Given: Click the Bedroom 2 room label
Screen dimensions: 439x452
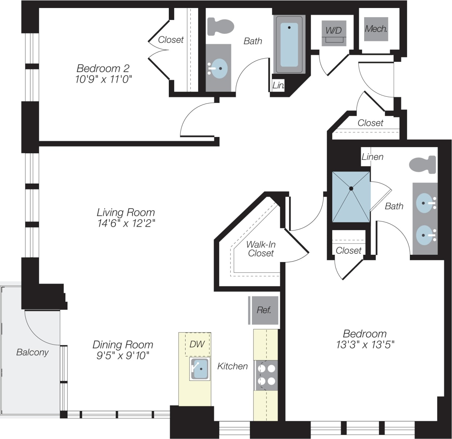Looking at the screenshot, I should (x=103, y=68).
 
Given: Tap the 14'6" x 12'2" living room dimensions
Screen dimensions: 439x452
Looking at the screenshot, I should (x=126, y=223).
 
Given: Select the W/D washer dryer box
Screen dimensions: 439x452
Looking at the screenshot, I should (x=334, y=31).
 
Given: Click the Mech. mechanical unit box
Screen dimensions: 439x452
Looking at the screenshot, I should (x=376, y=29).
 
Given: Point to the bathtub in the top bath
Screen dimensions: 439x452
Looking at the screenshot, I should (x=289, y=45).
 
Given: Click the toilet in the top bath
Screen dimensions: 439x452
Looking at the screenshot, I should (x=220, y=27).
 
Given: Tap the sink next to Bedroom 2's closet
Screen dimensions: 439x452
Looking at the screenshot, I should (x=219, y=68).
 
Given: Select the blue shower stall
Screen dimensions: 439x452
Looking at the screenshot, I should (x=351, y=197).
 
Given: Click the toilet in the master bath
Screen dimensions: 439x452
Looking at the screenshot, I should (x=423, y=165).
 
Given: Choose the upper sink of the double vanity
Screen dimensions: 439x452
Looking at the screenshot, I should (x=424, y=204).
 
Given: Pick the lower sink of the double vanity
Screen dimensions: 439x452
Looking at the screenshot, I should (x=424, y=235).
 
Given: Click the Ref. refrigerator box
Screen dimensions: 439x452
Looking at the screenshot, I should (x=264, y=310).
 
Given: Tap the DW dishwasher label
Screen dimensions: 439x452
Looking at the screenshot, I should (x=197, y=344).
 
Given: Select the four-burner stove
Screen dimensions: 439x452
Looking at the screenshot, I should (x=266, y=375).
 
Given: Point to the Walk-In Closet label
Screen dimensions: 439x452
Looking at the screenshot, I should (x=261, y=249).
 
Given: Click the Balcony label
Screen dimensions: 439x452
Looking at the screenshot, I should (x=32, y=352).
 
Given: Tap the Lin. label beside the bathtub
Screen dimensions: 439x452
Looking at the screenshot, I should (x=278, y=86).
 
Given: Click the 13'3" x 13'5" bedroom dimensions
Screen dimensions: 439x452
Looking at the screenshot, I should (x=365, y=345).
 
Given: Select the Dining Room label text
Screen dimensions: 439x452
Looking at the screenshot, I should (x=123, y=345).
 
